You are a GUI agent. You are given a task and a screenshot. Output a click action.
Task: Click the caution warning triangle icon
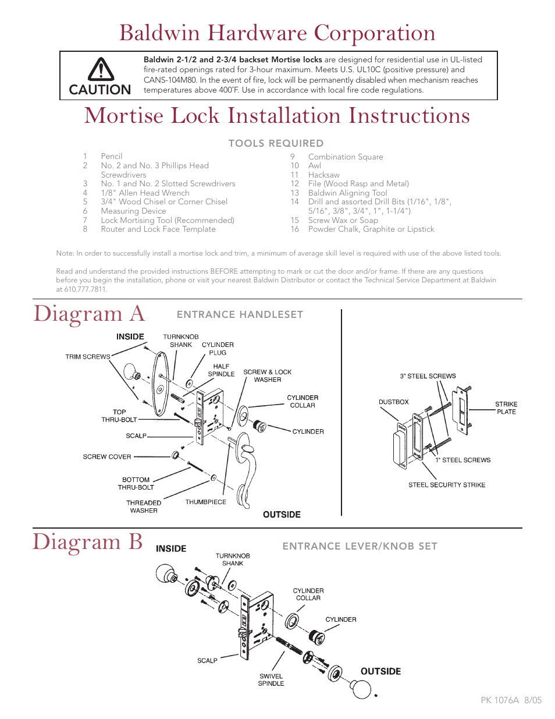101,69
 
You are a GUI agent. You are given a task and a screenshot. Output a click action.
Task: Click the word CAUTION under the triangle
100,90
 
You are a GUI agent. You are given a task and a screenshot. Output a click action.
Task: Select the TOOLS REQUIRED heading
276,143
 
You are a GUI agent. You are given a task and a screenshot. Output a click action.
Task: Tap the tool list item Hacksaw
323,175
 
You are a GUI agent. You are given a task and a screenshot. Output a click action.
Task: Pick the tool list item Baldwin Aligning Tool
347,193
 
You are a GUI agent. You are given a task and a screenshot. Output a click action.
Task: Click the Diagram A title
89,314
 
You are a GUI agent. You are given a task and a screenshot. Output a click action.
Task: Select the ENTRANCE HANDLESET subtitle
240,314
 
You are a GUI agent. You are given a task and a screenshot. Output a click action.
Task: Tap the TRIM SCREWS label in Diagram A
88,357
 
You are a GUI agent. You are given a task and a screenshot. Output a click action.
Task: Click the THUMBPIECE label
205,502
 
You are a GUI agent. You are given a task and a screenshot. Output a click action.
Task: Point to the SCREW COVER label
107,457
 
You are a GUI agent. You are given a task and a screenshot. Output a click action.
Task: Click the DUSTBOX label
393,402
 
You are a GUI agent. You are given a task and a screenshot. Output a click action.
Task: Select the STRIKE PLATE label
506,408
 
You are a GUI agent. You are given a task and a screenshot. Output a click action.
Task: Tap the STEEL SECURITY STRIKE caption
447,485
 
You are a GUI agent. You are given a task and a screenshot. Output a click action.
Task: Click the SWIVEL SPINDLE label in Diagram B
271,680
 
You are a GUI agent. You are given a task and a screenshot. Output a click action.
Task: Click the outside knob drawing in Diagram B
361,689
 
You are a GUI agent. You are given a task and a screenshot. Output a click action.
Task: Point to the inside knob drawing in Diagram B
165,573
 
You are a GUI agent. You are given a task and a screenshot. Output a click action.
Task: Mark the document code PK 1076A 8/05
511,700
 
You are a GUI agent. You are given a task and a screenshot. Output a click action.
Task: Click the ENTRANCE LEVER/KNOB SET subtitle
360,546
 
